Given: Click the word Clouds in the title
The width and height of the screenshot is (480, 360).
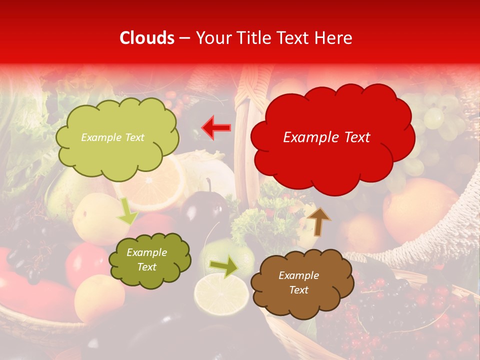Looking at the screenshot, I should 147,38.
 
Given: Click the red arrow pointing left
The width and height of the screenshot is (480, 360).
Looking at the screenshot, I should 216,127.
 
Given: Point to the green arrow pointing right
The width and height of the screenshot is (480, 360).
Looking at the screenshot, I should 223,266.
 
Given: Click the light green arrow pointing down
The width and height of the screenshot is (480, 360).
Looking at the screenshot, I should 127,211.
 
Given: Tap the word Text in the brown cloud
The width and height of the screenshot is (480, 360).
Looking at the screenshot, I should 298,290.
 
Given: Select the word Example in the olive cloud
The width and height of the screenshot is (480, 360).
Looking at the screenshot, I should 146,252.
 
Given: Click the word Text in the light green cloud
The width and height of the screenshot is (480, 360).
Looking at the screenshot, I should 134,137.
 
